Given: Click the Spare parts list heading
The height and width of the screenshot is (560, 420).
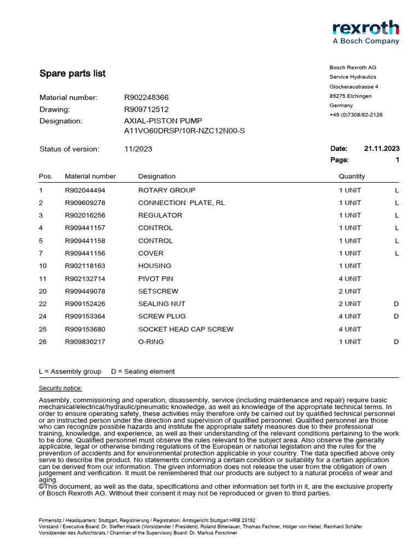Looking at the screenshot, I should point(72,73).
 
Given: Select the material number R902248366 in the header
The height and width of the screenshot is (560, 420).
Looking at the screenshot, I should point(147,97).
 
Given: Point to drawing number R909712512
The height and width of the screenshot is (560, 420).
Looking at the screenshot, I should point(147,109).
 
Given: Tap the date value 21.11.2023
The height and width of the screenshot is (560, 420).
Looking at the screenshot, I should point(381,148).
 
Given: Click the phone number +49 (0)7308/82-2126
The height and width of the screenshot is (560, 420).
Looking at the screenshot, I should point(355,115).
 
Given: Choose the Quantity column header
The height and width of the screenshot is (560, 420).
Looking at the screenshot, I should point(352,176).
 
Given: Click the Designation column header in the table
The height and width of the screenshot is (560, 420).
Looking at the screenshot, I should point(157,176).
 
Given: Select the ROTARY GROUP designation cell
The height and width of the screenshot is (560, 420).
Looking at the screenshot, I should point(167,190).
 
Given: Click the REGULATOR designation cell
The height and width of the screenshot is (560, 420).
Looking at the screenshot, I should point(160,215).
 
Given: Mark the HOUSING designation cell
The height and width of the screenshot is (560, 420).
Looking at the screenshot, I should point(155,266).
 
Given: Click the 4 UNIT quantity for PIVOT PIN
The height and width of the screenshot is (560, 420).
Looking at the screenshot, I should point(349,279).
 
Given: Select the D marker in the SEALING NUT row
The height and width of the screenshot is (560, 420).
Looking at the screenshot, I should point(396,304).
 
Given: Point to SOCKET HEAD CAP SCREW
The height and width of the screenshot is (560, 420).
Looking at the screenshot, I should point(186,329).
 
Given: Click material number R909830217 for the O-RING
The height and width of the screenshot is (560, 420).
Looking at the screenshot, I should point(85,342).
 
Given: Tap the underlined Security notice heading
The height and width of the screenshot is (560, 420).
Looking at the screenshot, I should point(60,388).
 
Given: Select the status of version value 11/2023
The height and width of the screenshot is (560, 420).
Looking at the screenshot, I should point(138,149).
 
